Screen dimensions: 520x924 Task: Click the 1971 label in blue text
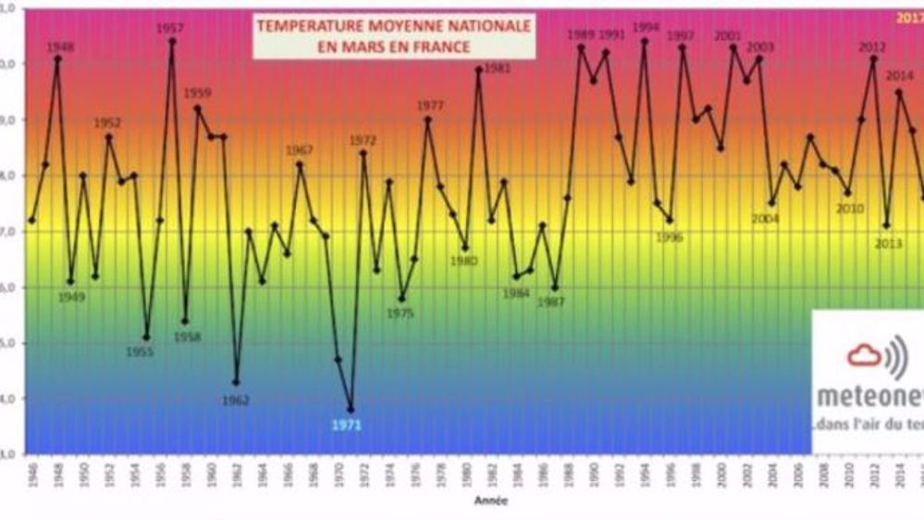pos(349,425)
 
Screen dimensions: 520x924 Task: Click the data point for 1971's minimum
pos(351,409)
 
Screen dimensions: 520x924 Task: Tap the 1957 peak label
pos(169,29)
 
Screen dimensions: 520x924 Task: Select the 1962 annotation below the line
pos(236,400)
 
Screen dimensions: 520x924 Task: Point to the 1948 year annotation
pos(60,46)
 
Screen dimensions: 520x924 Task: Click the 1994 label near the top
pos(645,27)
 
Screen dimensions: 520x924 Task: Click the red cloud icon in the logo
pos(865,355)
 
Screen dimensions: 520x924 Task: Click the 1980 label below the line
pos(463,261)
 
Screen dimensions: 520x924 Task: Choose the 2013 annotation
pos(888,243)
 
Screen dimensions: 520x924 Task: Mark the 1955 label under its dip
pos(140,352)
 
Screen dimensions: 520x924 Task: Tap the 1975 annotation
pos(400,314)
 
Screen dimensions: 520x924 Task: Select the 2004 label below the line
pos(766,218)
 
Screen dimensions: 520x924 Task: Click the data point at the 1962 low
pos(236,382)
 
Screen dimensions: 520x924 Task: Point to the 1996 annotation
pos(669,236)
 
